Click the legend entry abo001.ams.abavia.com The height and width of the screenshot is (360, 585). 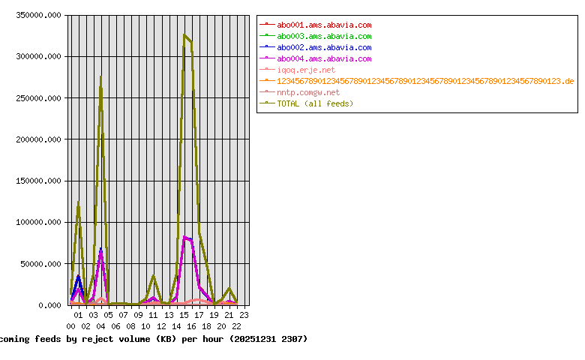coord(324,25)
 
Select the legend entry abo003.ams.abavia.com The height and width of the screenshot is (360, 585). coord(324,36)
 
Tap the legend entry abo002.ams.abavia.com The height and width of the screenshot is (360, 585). coord(324,47)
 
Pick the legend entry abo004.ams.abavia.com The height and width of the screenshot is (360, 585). coord(324,58)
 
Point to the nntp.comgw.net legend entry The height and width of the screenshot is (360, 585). coord(308,92)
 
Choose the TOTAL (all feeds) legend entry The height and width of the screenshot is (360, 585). coord(315,103)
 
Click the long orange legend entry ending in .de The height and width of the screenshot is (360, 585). coord(425,81)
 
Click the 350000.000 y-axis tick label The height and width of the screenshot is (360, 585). coord(37,15)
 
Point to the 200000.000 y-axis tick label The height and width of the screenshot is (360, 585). coord(37,139)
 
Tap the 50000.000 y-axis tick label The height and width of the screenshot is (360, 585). coord(40,264)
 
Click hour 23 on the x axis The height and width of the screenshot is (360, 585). coord(244,316)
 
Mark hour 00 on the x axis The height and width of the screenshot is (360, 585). coord(70,326)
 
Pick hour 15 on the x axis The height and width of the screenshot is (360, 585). coord(184,316)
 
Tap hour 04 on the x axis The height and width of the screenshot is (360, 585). coord(100,316)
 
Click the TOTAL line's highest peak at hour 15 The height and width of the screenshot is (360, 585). coord(184,34)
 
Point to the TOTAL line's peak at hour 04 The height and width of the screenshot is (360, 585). coord(100,76)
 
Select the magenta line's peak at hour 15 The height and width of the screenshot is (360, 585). coord(184,237)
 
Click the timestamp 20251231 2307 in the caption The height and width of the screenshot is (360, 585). coord(267,339)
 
